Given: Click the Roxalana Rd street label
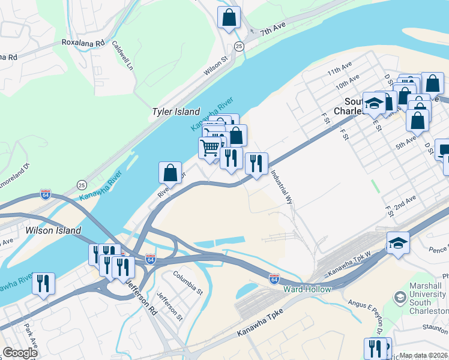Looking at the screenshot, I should click(83, 43).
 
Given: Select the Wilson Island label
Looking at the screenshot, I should click(53, 230).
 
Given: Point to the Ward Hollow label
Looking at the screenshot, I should click(307, 289).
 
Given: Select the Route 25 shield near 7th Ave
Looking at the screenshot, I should click(240, 46).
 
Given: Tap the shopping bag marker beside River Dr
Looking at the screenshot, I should click(170, 173).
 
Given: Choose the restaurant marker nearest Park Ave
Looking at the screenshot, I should click(43, 283).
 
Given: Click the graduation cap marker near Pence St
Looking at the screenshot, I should click(398, 243).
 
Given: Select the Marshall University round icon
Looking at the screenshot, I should click(400, 297).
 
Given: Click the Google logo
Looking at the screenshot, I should click(19, 353).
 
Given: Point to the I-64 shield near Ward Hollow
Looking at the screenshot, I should click(274, 279).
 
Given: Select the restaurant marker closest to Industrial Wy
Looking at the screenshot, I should click(256, 163).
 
